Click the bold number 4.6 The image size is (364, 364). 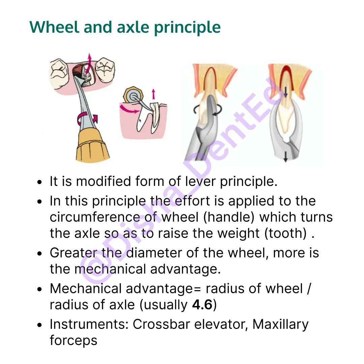202,305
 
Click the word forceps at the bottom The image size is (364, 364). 73,341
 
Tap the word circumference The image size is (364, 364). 95,217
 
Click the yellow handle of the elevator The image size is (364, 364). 92,146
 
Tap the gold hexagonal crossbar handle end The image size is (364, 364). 133,95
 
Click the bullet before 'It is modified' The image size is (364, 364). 39,182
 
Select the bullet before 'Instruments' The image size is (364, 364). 39,325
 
